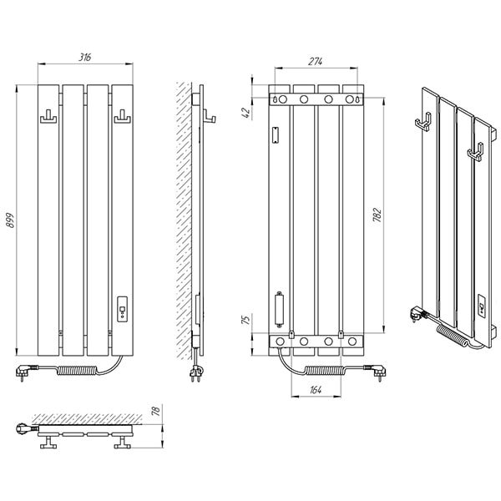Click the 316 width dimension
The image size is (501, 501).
pos(85,57)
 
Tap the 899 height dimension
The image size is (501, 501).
pos(11,220)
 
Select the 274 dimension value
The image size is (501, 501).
pos(316,61)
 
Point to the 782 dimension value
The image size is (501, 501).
pos(377,215)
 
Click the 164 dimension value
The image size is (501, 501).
pos(316,390)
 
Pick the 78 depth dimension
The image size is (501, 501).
pos(155,410)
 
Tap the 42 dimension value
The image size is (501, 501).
pos(246,113)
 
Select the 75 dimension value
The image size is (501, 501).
pos(245,320)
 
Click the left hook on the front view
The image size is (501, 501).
pos(48,117)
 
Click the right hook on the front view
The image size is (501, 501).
pos(123,117)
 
